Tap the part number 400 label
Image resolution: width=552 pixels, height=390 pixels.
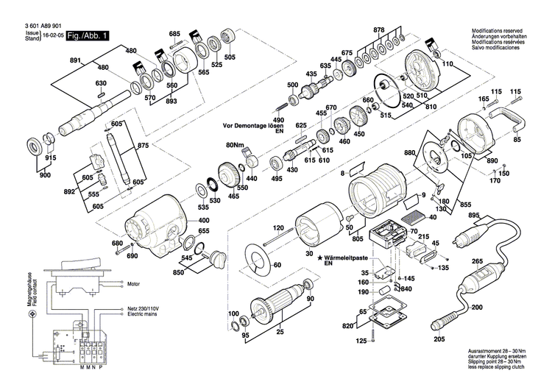point(203,221)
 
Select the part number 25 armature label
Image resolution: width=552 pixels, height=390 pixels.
point(280,333)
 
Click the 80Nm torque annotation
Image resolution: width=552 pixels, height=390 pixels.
point(234,144)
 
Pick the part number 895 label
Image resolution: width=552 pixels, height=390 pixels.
point(473,215)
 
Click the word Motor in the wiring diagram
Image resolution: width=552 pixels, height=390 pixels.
point(133,283)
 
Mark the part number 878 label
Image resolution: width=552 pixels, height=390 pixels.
point(379,29)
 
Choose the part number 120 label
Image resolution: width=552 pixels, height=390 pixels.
point(278,230)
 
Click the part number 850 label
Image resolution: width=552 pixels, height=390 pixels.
point(178,273)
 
